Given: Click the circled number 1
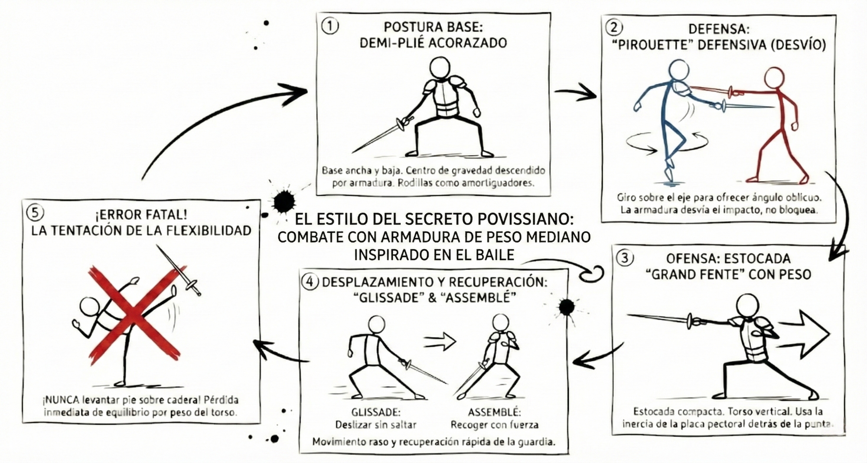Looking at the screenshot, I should (x=330, y=26).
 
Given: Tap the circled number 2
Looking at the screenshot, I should (x=614, y=28).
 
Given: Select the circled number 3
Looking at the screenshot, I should (x=625, y=258).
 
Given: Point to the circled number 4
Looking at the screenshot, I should (x=310, y=282).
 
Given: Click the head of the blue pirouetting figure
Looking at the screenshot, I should (x=678, y=69).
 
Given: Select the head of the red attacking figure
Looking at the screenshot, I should (x=774, y=78).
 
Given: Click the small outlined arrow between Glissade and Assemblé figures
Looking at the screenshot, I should (x=440, y=342).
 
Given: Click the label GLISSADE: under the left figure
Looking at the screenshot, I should (x=376, y=412).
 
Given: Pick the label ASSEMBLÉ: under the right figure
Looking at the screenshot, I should (x=494, y=412).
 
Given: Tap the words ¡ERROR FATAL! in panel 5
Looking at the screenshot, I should (x=141, y=214).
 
